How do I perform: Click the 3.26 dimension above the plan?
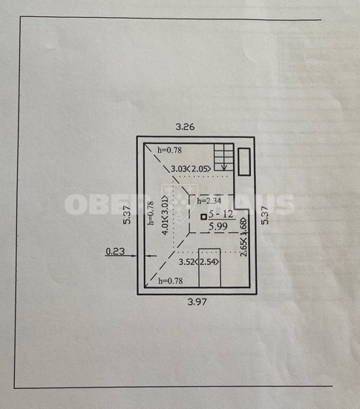click(x=185, y=127)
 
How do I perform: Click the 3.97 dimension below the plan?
click(x=197, y=302)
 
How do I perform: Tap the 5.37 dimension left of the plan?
click(x=127, y=215)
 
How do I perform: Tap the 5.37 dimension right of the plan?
click(x=265, y=215)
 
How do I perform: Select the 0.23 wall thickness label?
click(x=115, y=252)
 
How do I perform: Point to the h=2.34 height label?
click(x=209, y=201)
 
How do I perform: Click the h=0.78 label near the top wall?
click(x=169, y=150)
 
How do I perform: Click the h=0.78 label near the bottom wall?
click(x=171, y=281)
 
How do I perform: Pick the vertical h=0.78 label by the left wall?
click(x=151, y=213)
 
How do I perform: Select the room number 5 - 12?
click(x=220, y=215)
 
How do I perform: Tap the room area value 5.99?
click(x=218, y=226)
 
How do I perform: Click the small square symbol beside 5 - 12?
click(x=203, y=217)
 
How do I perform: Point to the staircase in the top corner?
click(x=223, y=157)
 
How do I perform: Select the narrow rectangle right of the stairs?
click(x=244, y=162)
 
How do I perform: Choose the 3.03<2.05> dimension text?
click(x=191, y=169)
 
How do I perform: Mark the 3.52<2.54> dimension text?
click(x=199, y=261)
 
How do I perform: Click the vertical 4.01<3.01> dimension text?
click(x=165, y=215)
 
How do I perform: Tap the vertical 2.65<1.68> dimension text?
click(x=243, y=237)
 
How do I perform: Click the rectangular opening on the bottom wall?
click(x=210, y=268)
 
